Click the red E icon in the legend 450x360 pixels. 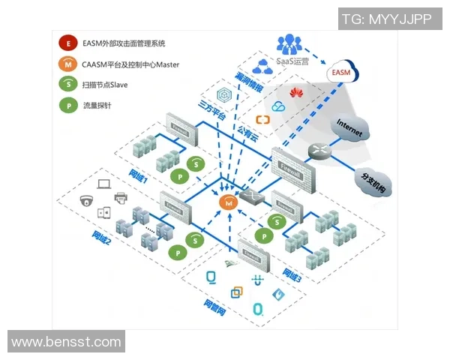(x=69, y=44)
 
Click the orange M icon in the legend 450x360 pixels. (x=69, y=64)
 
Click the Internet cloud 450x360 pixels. (x=349, y=128)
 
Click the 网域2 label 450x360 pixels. (x=103, y=241)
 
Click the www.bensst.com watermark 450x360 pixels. (x=66, y=342)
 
